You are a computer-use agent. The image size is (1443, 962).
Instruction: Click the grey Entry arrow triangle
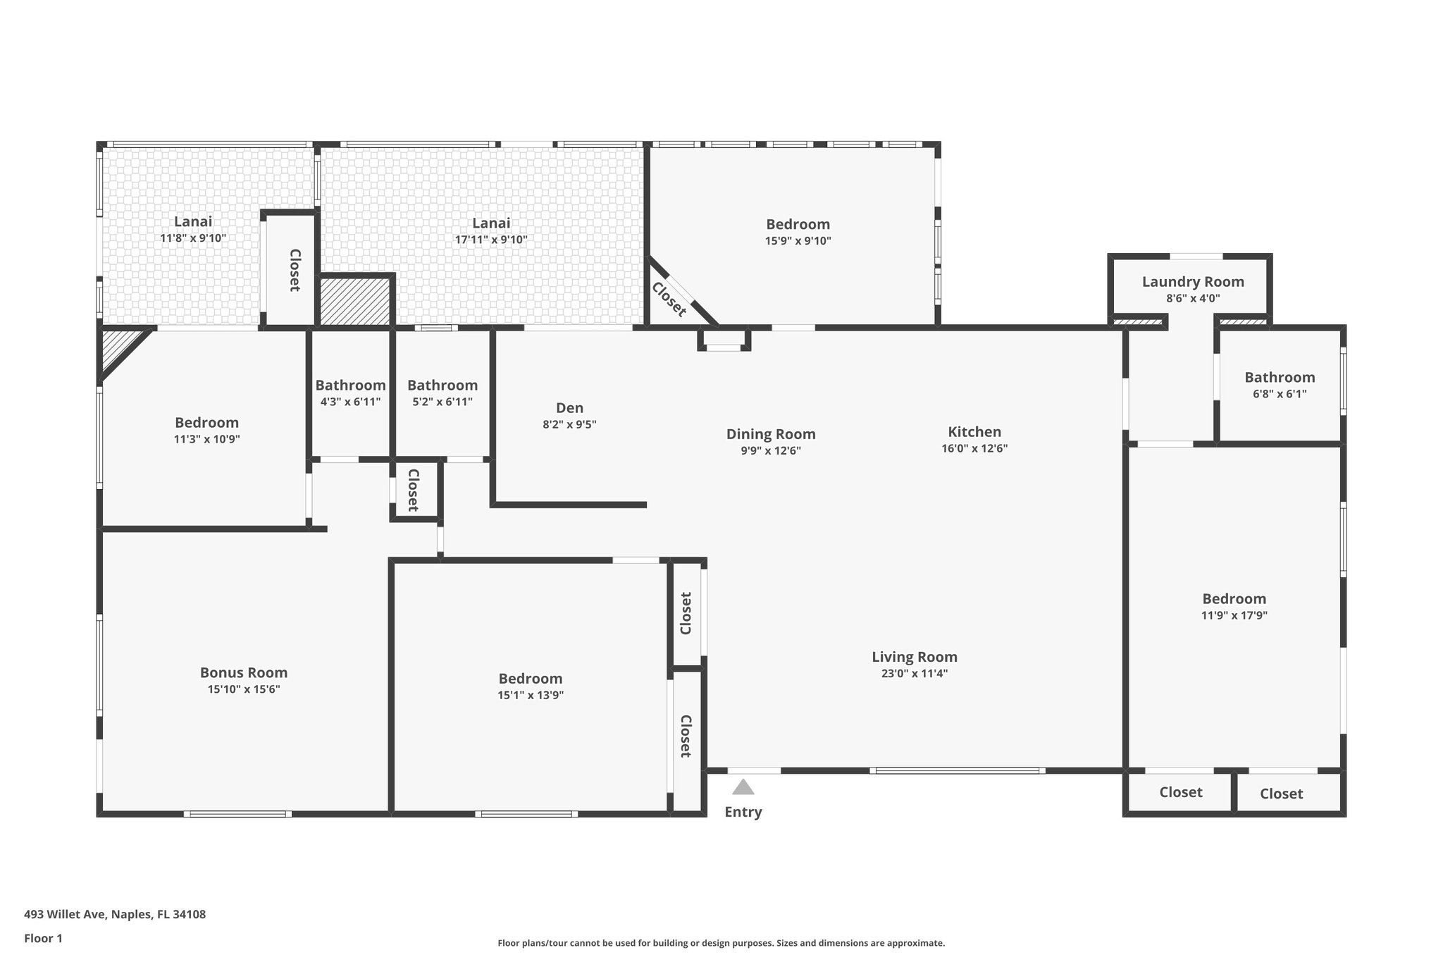click(x=743, y=787)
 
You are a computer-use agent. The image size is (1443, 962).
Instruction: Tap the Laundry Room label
click(x=1193, y=282)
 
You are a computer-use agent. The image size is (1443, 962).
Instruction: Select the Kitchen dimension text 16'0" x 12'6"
click(x=974, y=448)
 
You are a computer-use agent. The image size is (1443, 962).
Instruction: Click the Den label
click(x=569, y=408)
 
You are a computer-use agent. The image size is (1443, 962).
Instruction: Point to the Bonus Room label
click(x=244, y=672)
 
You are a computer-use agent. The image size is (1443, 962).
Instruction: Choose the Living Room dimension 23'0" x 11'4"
click(x=914, y=673)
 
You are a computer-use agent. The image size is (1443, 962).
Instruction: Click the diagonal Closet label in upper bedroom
click(x=668, y=300)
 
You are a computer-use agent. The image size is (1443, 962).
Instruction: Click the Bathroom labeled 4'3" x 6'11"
click(x=350, y=386)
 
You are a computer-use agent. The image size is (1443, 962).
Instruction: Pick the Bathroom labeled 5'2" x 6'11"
click(x=442, y=386)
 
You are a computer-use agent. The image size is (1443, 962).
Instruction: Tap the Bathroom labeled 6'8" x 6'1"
click(x=1279, y=377)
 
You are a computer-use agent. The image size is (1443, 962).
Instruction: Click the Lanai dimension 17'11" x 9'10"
click(x=490, y=240)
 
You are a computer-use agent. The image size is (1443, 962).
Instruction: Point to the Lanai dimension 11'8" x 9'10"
click(x=193, y=238)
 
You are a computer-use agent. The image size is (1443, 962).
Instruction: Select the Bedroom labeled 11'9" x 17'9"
click(x=1234, y=599)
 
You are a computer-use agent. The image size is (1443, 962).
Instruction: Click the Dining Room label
click(x=771, y=434)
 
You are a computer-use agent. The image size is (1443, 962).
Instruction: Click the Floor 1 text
click(x=43, y=938)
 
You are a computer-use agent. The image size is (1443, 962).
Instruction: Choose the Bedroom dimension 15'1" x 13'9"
click(x=530, y=695)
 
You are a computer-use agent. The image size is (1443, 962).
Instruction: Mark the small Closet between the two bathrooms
click(x=414, y=490)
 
